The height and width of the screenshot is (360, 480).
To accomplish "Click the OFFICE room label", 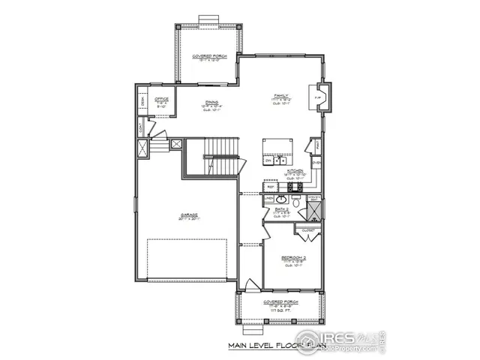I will pyautogui.click(x=160, y=98).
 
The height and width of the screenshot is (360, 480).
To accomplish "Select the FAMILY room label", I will pyautogui.click(x=281, y=96).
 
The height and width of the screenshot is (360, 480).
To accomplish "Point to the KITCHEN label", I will pyautogui.click(x=294, y=171).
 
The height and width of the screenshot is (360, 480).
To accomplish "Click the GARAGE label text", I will pyautogui.click(x=183, y=214).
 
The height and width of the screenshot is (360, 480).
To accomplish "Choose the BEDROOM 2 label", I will pyautogui.click(x=291, y=257).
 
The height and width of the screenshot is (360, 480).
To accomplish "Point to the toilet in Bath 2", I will pyautogui.click(x=296, y=202).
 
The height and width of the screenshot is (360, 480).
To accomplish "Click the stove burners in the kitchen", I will pyautogui.click(x=271, y=160).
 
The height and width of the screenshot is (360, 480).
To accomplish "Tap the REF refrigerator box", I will pyautogui.click(x=271, y=187).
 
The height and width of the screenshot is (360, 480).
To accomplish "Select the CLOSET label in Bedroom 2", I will pyautogui.click(x=308, y=230).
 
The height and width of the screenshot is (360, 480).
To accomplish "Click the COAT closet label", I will pyautogui.click(x=141, y=128).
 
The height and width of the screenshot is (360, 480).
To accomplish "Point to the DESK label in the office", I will pyautogui.click(x=142, y=100).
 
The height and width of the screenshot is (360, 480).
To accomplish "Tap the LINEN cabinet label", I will pyautogui.click(x=268, y=199).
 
